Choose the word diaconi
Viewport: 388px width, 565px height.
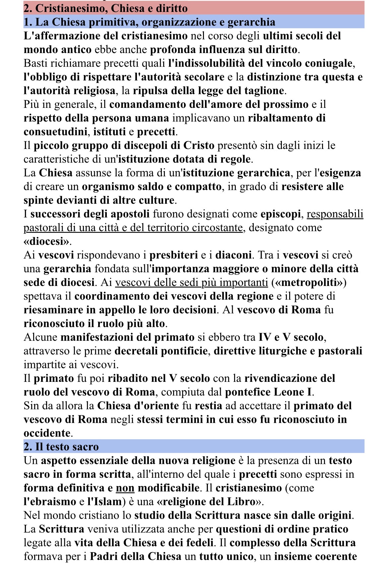(233, 255)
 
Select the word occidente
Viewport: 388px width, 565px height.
(47, 433)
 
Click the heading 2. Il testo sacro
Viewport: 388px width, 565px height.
(61, 447)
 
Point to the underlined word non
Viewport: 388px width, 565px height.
(125, 488)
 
